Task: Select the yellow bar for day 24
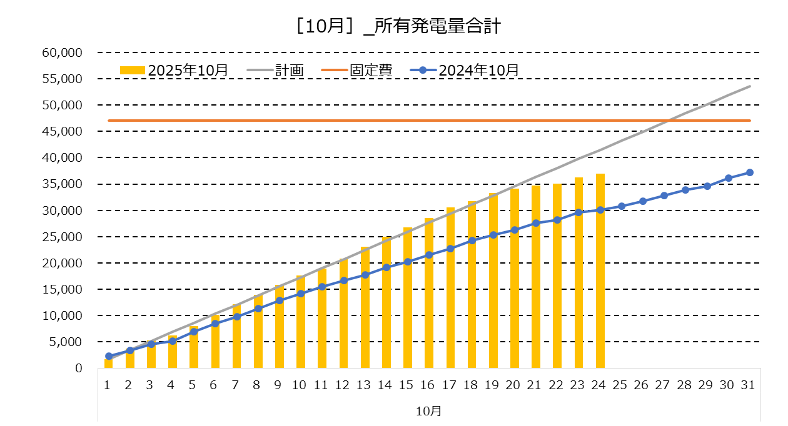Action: point(600,271)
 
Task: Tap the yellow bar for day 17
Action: point(450,288)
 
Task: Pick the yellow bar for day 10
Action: point(301,322)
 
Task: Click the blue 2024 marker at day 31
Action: point(750,172)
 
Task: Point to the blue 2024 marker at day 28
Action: point(685,190)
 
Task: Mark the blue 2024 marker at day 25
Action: point(622,206)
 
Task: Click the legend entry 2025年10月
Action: point(188,70)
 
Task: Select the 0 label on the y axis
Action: point(78,369)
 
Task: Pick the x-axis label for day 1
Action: point(108,385)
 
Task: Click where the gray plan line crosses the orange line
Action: point(668,121)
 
